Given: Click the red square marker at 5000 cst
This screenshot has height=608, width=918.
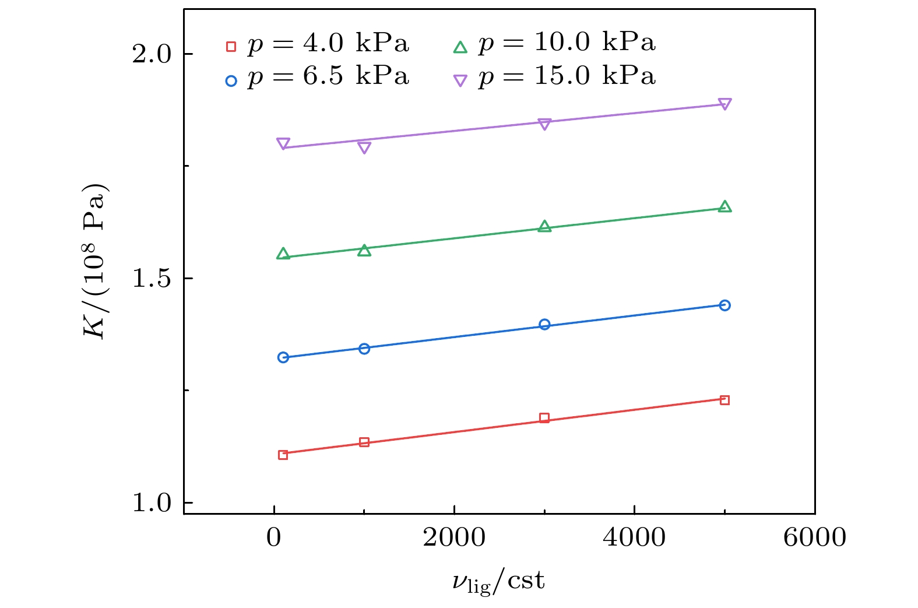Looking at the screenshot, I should (724, 400).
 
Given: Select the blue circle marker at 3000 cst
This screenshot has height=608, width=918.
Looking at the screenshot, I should (544, 324).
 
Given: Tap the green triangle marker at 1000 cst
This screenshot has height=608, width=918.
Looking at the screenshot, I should (364, 251).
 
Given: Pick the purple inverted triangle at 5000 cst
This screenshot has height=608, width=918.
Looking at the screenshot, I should (724, 104).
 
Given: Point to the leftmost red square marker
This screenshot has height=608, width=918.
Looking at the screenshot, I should (283, 455).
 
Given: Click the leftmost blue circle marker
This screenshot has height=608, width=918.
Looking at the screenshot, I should (283, 357).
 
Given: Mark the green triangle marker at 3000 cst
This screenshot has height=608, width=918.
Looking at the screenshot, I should (544, 227).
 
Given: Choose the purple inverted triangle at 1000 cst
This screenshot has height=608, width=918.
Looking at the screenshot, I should (364, 147).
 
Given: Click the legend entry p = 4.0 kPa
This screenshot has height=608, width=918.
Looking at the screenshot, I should (318, 44).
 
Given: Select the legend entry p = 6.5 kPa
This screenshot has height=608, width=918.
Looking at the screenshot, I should (318, 77).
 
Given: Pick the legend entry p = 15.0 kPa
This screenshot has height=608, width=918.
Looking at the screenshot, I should (555, 77).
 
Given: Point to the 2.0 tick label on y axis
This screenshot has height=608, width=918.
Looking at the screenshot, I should (152, 54).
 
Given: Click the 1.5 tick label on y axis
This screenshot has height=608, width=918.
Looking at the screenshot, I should (152, 279).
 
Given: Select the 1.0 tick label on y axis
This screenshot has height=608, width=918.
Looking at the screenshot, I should (152, 502).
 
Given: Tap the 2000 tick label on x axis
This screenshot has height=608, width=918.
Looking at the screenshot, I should (454, 537).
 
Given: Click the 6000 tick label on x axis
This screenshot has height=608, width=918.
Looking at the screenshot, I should (814, 537).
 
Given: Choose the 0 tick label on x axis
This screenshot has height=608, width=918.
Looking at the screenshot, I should (274, 537).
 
